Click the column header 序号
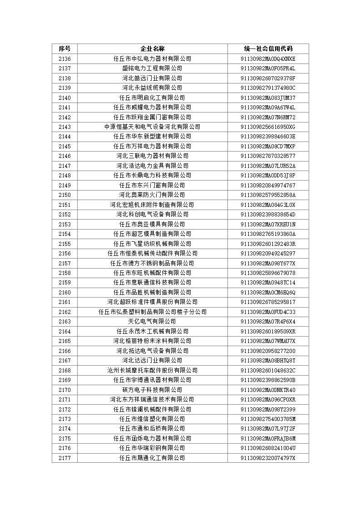pyautogui.click(x=64, y=49)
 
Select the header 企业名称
pyautogui.click(x=152, y=49)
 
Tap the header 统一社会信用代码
pyautogui.click(x=268, y=49)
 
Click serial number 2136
pyautogui.click(x=64, y=59)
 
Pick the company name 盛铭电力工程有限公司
pyautogui.click(x=152, y=68)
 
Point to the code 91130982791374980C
pyautogui.click(x=268, y=88)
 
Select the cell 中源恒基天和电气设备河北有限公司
pyautogui.click(x=152, y=127)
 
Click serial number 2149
pyautogui.click(x=64, y=185)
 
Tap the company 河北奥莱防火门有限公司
pyautogui.click(x=152, y=195)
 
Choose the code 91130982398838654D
pyautogui.click(x=268, y=214)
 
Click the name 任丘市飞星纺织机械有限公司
pyautogui.click(x=152, y=244)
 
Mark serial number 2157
pyautogui.click(x=64, y=263)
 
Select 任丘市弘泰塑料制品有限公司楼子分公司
pyautogui.click(x=152, y=312)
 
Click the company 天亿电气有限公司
pyautogui.click(x=152, y=321)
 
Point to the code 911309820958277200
pyautogui.click(x=268, y=351)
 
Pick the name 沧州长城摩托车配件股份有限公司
pyautogui.click(x=152, y=370)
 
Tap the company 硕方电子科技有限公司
pyautogui.click(x=152, y=390)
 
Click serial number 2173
pyautogui.click(x=64, y=419)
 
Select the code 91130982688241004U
pyautogui.click(x=268, y=448)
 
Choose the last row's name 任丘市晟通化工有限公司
pyautogui.click(x=152, y=458)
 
